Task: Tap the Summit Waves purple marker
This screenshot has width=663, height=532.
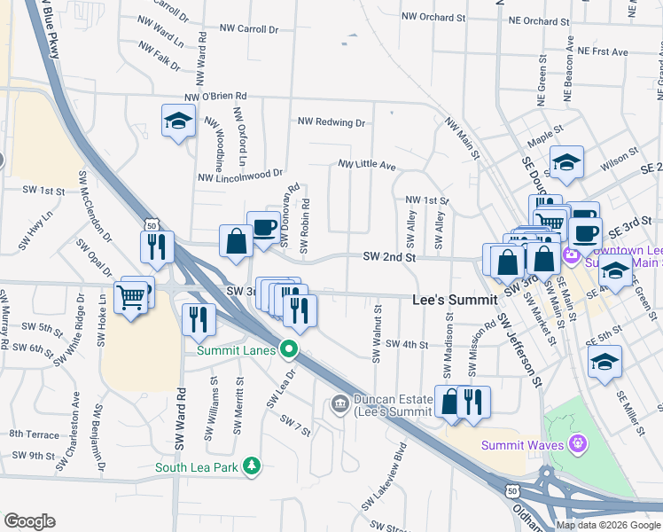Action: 578,442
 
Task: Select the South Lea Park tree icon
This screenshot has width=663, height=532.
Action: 253,465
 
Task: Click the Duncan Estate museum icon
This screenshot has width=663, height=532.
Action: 339,405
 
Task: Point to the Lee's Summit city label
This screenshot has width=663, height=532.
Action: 455,300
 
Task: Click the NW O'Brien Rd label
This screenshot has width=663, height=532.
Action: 215,97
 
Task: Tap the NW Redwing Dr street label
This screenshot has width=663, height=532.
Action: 331,121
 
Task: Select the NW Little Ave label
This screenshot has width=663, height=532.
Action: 366,164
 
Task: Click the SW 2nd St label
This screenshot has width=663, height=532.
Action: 389,256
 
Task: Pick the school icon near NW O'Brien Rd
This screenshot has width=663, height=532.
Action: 178,121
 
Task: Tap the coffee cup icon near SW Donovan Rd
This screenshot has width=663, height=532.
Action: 263,227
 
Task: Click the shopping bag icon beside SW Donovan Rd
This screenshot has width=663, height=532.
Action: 237,242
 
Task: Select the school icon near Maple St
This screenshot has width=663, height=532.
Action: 566,162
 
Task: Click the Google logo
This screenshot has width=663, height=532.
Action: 29,521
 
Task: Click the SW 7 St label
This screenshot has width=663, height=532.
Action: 295,426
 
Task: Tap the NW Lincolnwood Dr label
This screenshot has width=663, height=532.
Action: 239,176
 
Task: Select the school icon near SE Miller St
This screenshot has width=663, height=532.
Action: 605,362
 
